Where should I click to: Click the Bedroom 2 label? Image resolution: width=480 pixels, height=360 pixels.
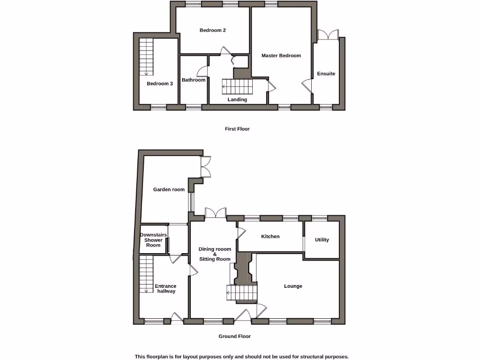pyautogui.click(x=212, y=30)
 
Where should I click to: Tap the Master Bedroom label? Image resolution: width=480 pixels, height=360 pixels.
pyautogui.click(x=281, y=56)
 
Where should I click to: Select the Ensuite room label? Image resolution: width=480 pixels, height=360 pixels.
pyautogui.click(x=326, y=74)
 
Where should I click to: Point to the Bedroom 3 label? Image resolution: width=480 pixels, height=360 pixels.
pyautogui.click(x=159, y=84)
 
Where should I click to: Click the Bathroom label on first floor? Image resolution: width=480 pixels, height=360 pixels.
pyautogui.click(x=194, y=80)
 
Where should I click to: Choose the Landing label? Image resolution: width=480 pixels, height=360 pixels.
pyautogui.click(x=237, y=100)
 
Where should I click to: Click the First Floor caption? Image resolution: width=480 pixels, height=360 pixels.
pyautogui.click(x=237, y=129)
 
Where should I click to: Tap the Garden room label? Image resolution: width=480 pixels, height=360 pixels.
pyautogui.click(x=169, y=190)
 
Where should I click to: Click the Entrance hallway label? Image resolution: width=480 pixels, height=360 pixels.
pyautogui.click(x=166, y=288)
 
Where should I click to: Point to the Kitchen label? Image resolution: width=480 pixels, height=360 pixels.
pyautogui.click(x=270, y=237)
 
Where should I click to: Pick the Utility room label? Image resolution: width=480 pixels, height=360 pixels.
pyautogui.click(x=322, y=240)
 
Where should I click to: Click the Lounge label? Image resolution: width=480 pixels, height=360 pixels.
pyautogui.click(x=293, y=286)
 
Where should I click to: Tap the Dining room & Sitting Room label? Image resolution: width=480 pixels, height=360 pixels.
pyautogui.click(x=215, y=254)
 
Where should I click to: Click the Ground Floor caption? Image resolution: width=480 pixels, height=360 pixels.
pyautogui.click(x=234, y=337)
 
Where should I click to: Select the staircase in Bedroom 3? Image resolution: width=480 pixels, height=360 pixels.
pyautogui.click(x=146, y=57)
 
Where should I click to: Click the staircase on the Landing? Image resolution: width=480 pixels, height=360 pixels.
pyautogui.click(x=237, y=87)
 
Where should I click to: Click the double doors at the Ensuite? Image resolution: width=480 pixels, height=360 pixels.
pyautogui.click(x=328, y=35)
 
